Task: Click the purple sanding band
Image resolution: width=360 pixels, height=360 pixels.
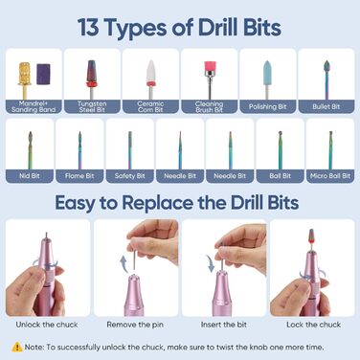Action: (43, 74)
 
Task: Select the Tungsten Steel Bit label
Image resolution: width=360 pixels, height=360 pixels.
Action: (92, 106)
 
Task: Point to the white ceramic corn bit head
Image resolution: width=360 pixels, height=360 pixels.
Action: (150, 71)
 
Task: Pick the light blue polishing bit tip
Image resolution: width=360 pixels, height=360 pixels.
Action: (267, 73)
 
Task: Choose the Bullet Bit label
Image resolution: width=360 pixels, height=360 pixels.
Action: (326, 106)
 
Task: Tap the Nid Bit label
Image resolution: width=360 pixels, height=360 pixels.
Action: (30, 176)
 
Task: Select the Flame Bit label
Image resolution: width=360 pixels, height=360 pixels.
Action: (79, 176)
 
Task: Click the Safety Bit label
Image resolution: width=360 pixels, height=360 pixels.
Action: (129, 176)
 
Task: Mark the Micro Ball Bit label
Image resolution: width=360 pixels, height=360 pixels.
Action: (330, 176)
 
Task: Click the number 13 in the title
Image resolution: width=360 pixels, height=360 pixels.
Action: (87, 28)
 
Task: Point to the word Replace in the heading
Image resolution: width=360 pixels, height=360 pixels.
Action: (158, 203)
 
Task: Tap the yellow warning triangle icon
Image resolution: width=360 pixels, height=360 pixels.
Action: (17, 347)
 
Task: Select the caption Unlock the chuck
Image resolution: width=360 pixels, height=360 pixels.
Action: (47, 325)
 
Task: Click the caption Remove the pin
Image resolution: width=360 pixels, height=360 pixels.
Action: (135, 325)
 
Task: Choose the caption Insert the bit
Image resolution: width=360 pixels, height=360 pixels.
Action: (224, 325)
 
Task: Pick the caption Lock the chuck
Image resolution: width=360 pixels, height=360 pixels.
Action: (313, 325)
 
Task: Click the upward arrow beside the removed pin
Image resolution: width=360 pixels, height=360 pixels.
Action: (124, 264)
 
